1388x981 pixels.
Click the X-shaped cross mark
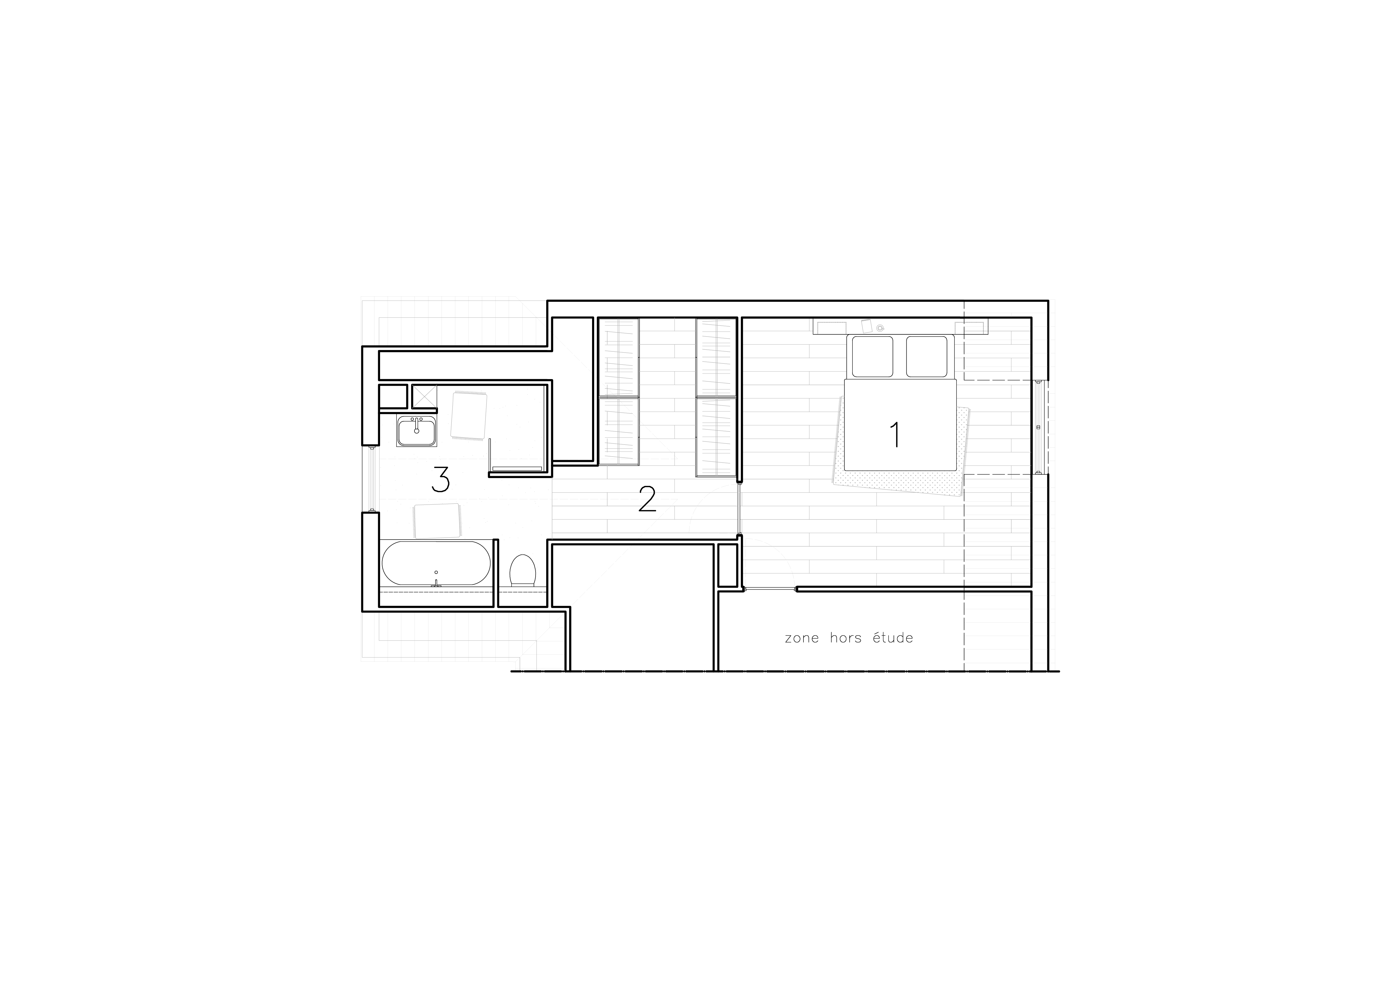point(424,396)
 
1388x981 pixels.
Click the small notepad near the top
point(866,327)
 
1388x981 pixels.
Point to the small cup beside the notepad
point(880,328)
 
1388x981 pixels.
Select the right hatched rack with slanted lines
point(716,396)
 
